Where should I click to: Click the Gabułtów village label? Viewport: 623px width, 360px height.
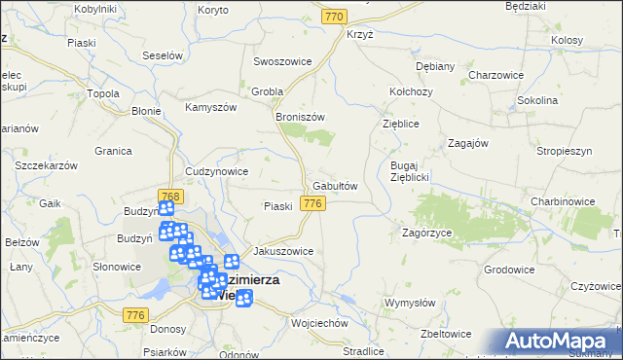(336, 185)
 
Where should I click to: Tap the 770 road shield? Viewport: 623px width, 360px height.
(336, 18)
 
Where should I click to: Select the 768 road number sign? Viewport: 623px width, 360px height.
(168, 197)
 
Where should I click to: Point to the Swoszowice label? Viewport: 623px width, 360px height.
(282, 61)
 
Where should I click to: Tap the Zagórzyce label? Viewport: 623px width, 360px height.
(427, 234)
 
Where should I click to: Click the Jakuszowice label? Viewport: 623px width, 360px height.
(283, 250)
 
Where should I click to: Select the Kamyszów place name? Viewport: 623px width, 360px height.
(212, 106)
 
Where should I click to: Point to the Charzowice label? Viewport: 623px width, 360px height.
(496, 75)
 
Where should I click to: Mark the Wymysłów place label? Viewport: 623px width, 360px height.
(411, 303)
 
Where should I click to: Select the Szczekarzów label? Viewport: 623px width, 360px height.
(47, 166)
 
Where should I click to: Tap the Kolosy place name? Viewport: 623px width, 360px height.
(566, 41)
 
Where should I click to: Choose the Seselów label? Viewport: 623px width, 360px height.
(163, 55)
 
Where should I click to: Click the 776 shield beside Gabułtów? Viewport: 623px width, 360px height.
(312, 203)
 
